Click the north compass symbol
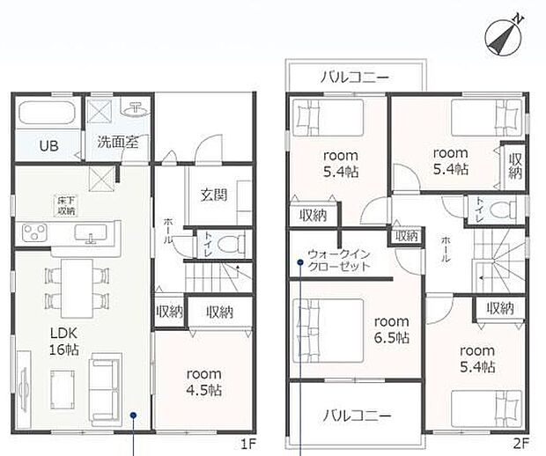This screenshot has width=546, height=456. (504, 37)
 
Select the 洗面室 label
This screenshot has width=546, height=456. (118, 143)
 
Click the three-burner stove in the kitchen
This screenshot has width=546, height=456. (34, 232)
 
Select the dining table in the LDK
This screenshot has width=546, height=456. (77, 288)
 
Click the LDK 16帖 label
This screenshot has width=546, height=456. (64, 342)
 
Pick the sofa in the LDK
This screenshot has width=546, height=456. (106, 390)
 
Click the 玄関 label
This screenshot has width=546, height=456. (214, 195)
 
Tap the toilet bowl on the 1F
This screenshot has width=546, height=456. (231, 243)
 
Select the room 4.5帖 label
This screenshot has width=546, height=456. (204, 382)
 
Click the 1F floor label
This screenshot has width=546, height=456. (248, 444)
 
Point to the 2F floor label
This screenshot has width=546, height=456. (521, 444)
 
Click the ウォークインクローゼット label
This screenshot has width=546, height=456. (338, 261)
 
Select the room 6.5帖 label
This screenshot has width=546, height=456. (391, 329)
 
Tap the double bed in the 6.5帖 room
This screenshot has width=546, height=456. (328, 331)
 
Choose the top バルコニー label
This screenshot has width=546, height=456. (355, 77)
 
